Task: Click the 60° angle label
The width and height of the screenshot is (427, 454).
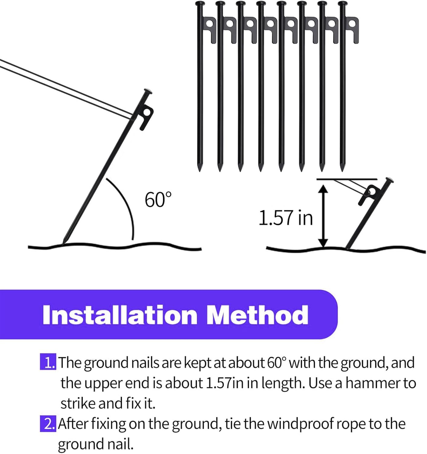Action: pyautogui.click(x=158, y=199)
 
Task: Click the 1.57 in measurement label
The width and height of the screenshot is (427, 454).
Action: pyautogui.click(x=286, y=218)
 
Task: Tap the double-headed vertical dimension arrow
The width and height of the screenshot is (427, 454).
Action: pyautogui.click(x=323, y=216)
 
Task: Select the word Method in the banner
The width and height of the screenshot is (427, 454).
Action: pyautogui.click(x=257, y=315)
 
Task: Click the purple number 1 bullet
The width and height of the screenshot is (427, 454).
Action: pyautogui.click(x=48, y=362)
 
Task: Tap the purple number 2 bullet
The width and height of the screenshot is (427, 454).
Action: pyautogui.click(x=48, y=424)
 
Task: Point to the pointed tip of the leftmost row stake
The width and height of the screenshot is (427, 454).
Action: pyautogui.click(x=199, y=168)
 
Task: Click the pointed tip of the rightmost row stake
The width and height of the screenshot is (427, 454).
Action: pyautogui.click(x=342, y=168)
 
